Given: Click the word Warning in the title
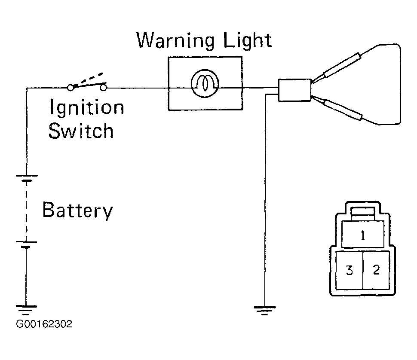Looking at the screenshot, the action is pyautogui.click(x=175, y=40).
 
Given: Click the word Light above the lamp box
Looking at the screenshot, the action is pyautogui.click(x=248, y=41).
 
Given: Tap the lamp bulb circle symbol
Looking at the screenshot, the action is pyautogui.click(x=205, y=83).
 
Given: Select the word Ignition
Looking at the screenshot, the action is pyautogui.click(x=87, y=107).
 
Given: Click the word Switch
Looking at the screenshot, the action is pyautogui.click(x=81, y=131).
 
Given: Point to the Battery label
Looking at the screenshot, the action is pyautogui.click(x=78, y=211).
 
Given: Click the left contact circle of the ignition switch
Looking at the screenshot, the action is pyautogui.click(x=70, y=87).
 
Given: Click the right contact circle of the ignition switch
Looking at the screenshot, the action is pyautogui.click(x=103, y=87).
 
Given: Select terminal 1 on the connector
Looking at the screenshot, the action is pyautogui.click(x=363, y=235).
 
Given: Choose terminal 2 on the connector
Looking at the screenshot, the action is pyautogui.click(x=376, y=270).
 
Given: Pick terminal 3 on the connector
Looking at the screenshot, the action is pyautogui.click(x=349, y=270).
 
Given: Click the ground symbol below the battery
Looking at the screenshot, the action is pyautogui.click(x=26, y=310).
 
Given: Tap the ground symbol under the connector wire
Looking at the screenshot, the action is pyautogui.click(x=265, y=310).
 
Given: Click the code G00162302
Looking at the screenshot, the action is pyautogui.click(x=44, y=324).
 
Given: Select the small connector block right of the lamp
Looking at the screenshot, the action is pyautogui.click(x=294, y=90).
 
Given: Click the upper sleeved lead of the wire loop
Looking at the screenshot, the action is pyautogui.click(x=342, y=65).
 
